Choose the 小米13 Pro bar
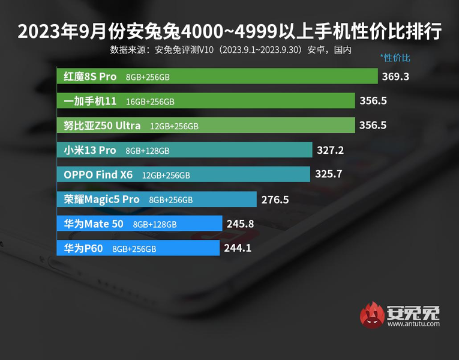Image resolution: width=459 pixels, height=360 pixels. [185, 150]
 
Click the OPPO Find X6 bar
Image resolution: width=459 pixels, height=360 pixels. [185, 175]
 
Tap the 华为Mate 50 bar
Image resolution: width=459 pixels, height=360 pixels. [140, 224]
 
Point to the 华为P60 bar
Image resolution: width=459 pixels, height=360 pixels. [139, 248]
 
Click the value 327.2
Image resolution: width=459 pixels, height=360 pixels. [330, 150]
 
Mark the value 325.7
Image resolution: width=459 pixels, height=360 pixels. [329, 175]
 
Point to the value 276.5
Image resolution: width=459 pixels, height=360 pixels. [275, 200]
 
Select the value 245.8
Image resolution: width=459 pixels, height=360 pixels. [241, 224]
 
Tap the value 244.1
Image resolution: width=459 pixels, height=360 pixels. [239, 248]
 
